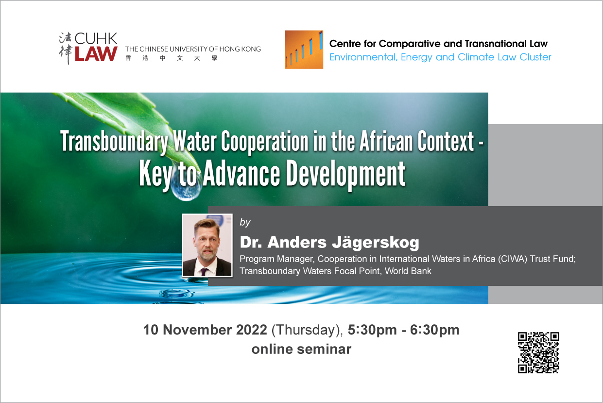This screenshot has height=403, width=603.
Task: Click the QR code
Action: [538, 352]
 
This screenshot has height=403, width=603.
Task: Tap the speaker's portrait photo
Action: [207, 245]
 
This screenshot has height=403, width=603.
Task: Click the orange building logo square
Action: [304, 50]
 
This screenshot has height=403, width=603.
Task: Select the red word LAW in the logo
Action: [96, 53]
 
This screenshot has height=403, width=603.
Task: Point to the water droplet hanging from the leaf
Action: [186, 187]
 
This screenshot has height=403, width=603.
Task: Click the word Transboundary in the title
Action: [114, 141]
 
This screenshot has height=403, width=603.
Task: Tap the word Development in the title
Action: [345, 174]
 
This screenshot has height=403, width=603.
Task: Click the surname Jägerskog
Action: [376, 243]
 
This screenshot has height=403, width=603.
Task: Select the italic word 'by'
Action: [245, 223]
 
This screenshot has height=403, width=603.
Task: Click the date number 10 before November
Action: [151, 330]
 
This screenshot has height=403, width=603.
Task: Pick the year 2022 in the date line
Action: [251, 330]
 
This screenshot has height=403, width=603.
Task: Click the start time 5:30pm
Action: [372, 331]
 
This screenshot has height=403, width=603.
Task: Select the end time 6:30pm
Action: [434, 331]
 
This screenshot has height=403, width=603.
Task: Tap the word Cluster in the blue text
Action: [535, 57]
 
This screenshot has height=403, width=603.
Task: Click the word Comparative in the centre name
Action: [410, 44]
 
